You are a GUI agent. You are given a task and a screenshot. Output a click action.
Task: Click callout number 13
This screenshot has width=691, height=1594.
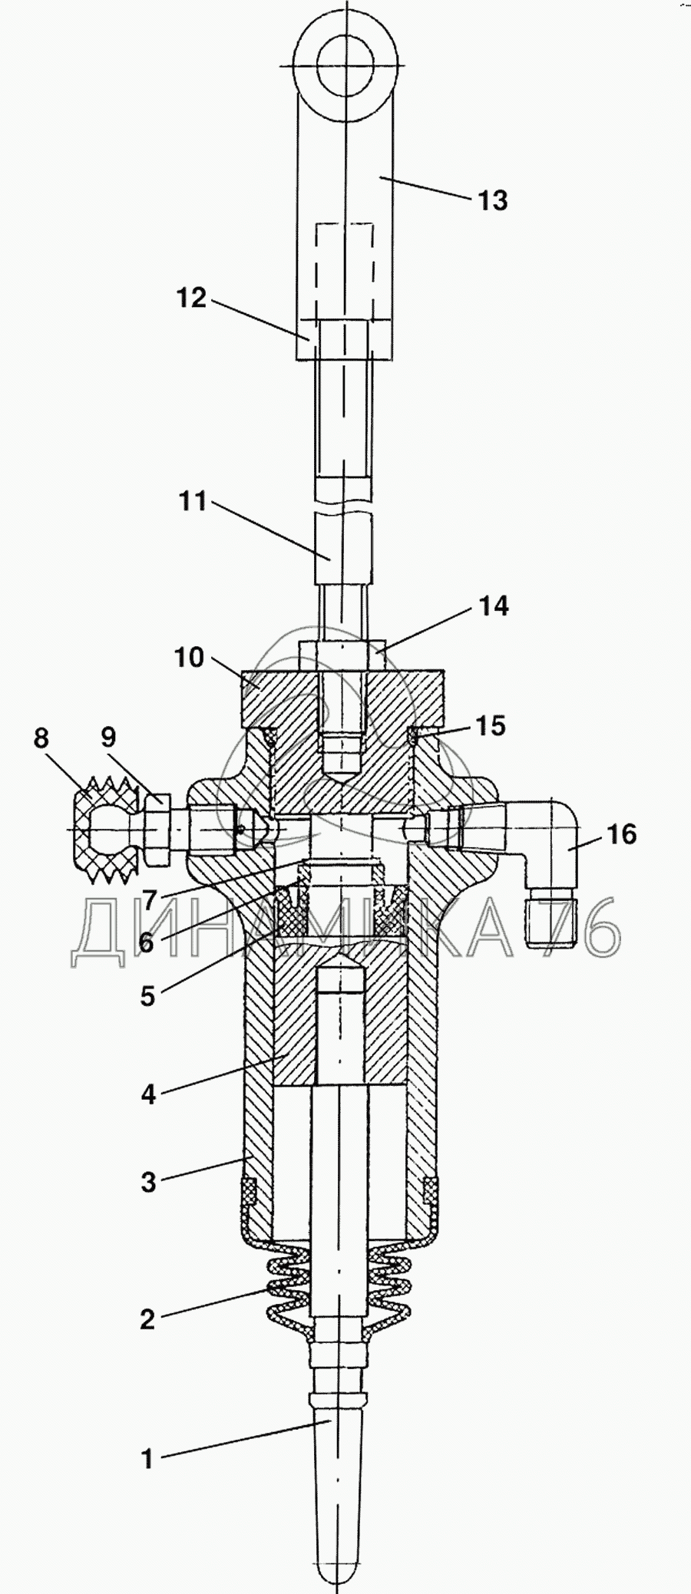tap(492, 201)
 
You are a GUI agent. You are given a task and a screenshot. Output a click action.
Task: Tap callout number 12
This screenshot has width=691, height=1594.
tap(192, 298)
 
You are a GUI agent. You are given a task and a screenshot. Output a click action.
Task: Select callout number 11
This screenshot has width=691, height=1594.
tap(193, 502)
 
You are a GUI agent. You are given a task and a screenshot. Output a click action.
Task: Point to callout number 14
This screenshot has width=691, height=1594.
tap(494, 606)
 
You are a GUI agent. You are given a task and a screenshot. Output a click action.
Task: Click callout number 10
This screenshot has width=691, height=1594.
tap(189, 658)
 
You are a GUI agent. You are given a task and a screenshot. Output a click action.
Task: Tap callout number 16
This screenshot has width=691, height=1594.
tap(622, 833)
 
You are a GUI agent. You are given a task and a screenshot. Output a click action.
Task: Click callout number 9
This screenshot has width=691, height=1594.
tap(108, 738)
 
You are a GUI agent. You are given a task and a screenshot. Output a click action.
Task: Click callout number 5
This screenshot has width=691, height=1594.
tap(148, 996)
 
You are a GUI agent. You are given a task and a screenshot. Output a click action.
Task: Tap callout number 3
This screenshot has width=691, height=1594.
tap(148, 1182)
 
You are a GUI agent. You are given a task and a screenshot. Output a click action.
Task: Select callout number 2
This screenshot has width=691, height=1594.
tap(147, 1319)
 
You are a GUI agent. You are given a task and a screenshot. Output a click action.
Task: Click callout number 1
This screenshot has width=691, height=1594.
tap(148, 1459)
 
